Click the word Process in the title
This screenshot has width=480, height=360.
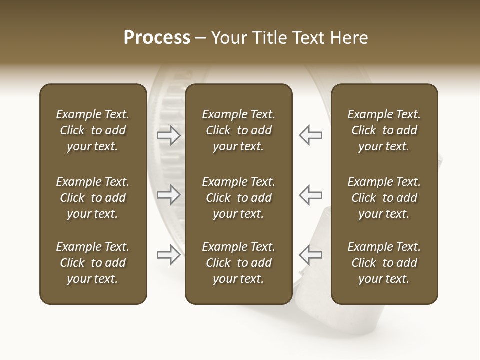157,38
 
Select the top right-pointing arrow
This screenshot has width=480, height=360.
168,135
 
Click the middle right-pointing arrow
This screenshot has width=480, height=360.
168,195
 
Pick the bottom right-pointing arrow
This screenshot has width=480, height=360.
168,255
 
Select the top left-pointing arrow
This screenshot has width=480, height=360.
310,135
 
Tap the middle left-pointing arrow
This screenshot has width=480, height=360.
310,195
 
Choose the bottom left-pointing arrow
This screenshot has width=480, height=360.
310,255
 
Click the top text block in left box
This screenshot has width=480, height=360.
93,130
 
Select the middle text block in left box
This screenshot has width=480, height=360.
93,198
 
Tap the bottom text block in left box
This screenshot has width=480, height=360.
93,263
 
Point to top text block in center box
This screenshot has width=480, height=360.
238,130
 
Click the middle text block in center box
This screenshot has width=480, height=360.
238,198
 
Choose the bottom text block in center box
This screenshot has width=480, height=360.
238,263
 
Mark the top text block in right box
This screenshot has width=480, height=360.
384,130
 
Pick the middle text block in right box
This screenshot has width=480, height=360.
384,198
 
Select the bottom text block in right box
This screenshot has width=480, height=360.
384,263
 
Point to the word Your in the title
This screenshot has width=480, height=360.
228,38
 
